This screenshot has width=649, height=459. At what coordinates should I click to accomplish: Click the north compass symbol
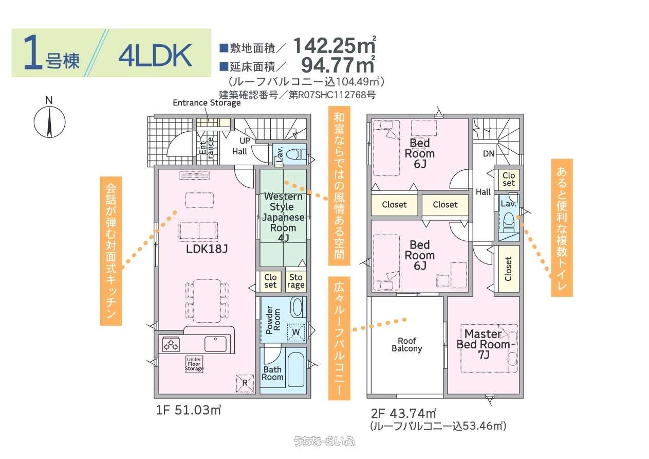(x=49, y=122)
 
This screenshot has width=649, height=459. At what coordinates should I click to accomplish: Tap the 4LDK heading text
(x=155, y=56)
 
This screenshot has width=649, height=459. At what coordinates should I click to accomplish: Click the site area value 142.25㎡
(x=335, y=46)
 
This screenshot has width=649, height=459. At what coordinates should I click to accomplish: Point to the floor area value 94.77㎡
(x=338, y=65)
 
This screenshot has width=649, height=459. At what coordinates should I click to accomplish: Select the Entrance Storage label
(x=207, y=103)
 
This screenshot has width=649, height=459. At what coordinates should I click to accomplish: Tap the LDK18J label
(x=207, y=249)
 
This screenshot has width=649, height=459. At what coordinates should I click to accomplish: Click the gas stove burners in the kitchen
(x=171, y=345)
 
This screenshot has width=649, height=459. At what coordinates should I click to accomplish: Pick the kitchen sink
(x=215, y=344)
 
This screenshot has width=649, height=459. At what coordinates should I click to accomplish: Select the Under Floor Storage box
(x=194, y=364)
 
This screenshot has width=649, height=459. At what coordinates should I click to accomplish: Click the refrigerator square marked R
(x=245, y=383)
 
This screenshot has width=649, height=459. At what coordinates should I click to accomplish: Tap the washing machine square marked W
(x=296, y=332)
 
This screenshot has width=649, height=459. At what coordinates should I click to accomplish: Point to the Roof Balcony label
(x=407, y=345)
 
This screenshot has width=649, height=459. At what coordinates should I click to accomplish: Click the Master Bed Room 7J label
(x=483, y=344)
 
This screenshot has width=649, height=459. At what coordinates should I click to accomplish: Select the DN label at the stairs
(x=489, y=154)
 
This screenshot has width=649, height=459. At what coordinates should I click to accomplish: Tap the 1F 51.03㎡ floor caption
(x=189, y=410)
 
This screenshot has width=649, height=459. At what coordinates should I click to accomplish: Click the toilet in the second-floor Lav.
(x=509, y=222)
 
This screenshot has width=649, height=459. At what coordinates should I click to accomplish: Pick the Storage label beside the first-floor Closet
(x=296, y=281)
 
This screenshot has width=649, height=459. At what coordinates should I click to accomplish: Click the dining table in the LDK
(x=207, y=301)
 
